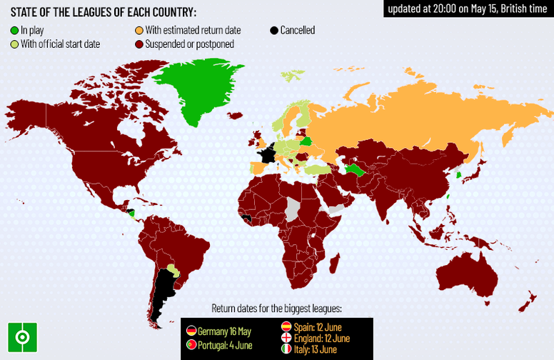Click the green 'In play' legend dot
point(14,31)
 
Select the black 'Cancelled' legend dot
point(274,31)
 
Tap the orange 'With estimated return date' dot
point(138,31)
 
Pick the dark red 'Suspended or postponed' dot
point(138,44)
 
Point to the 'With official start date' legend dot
point(14,44)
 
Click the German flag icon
point(191,331)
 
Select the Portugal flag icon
point(191,346)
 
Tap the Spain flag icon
point(286,326)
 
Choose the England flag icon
point(286,338)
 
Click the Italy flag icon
point(286,349)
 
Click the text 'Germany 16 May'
point(225,331)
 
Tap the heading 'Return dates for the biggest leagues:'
point(276,309)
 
